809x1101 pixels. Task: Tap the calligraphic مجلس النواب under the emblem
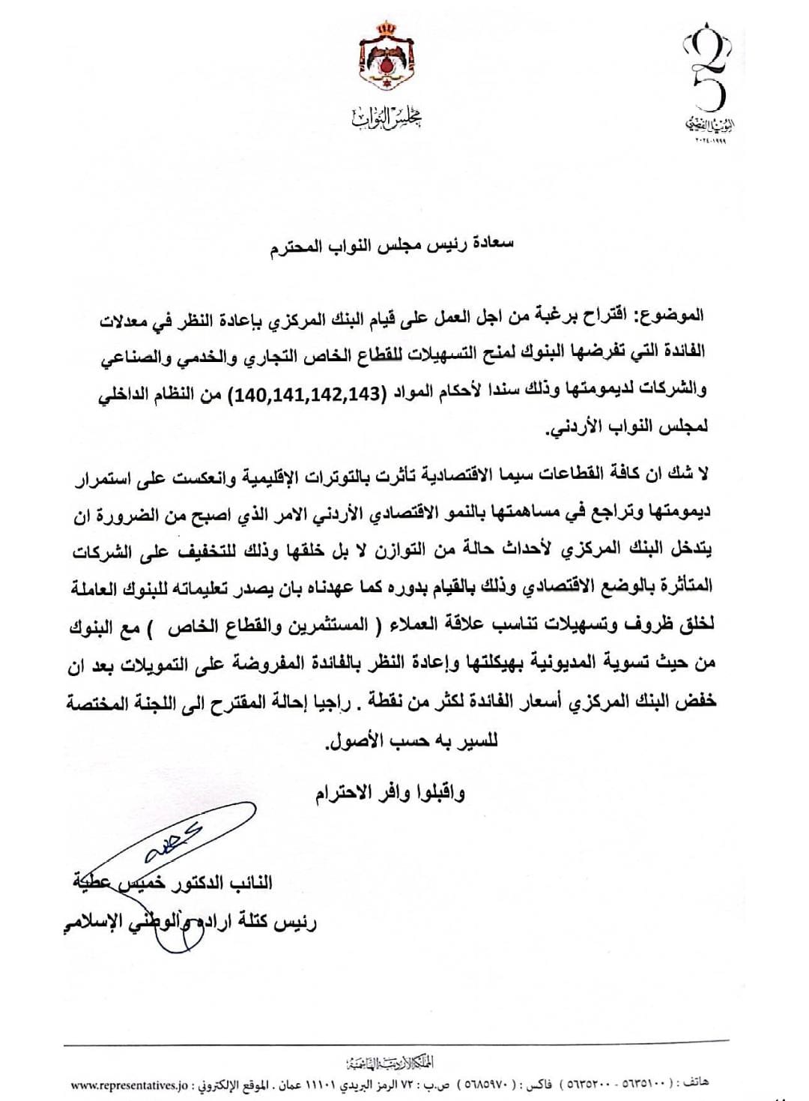click(387, 117)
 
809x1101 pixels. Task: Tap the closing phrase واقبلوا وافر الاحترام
click(390, 791)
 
